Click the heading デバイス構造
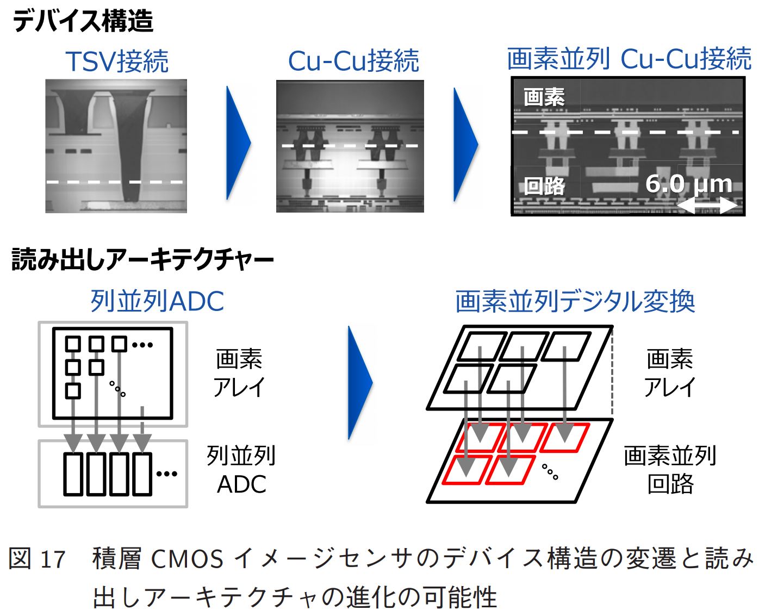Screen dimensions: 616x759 pyautogui.click(x=83, y=22)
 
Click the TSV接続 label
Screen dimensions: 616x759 pyautogui.click(x=117, y=61)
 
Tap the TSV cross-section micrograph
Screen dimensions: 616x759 pyautogui.click(x=116, y=146)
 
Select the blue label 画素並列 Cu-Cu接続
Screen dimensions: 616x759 pyautogui.click(x=629, y=59)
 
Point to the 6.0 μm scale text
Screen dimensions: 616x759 pyautogui.click(x=688, y=184)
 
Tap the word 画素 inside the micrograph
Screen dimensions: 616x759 pyautogui.click(x=544, y=97)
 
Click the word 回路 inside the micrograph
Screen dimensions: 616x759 pyautogui.click(x=544, y=186)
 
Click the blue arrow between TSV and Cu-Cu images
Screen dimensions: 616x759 pyautogui.click(x=238, y=144)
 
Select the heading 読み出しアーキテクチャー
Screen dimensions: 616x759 pyautogui.click(x=142, y=260)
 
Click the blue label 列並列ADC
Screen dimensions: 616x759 pyautogui.click(x=157, y=301)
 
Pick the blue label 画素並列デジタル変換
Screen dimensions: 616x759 pyautogui.click(x=575, y=301)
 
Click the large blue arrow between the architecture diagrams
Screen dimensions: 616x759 pyautogui.click(x=359, y=382)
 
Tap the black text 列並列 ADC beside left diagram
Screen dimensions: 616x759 pyautogui.click(x=241, y=470)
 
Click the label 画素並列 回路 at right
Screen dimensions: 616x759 pyautogui.click(x=670, y=470)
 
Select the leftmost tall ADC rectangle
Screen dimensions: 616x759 pyautogui.click(x=73, y=474)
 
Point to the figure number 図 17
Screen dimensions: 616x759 pyautogui.click(x=37, y=559)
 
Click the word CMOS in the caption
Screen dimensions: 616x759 pyautogui.click(x=186, y=559)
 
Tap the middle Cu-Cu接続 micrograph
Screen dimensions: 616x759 pyautogui.click(x=350, y=146)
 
